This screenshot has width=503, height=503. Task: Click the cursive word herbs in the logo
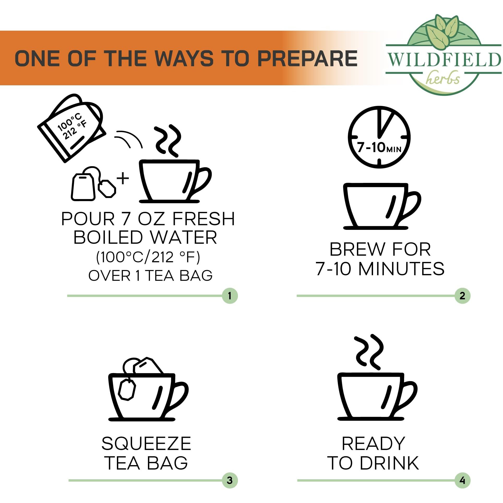tap(443, 77)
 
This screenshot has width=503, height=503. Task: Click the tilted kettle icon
tap(72, 128)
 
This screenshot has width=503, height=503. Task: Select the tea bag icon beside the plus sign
tap(93, 184)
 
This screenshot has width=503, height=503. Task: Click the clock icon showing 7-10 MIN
tap(379, 137)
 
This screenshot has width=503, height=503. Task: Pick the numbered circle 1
tap(230, 296)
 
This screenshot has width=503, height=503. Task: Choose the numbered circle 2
tap(462, 296)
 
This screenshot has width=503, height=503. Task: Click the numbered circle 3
tap(230, 480)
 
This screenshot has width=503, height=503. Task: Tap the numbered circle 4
tap(462, 480)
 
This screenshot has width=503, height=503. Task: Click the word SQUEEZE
tap(146, 444)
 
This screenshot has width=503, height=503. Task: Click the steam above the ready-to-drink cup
tap(369, 352)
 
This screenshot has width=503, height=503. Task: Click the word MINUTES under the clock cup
tap(401, 269)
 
